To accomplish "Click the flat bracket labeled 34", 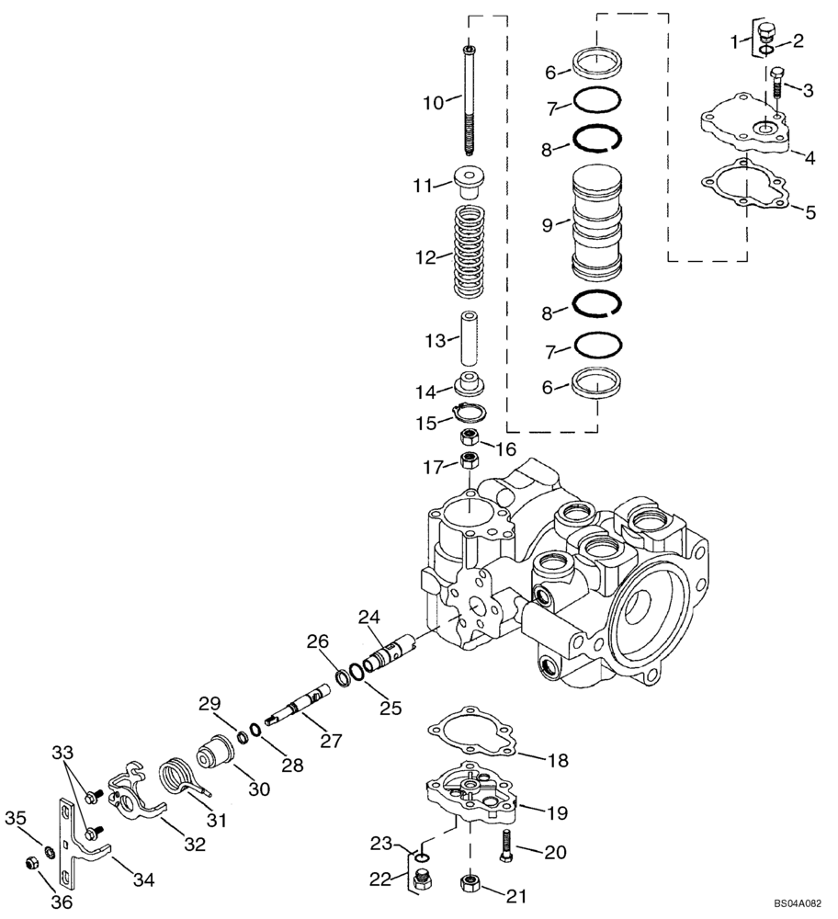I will pos(79,841).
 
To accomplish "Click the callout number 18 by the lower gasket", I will pos(558,761).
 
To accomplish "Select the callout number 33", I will pos(62,753).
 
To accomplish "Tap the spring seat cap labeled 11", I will pos(470,181).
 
